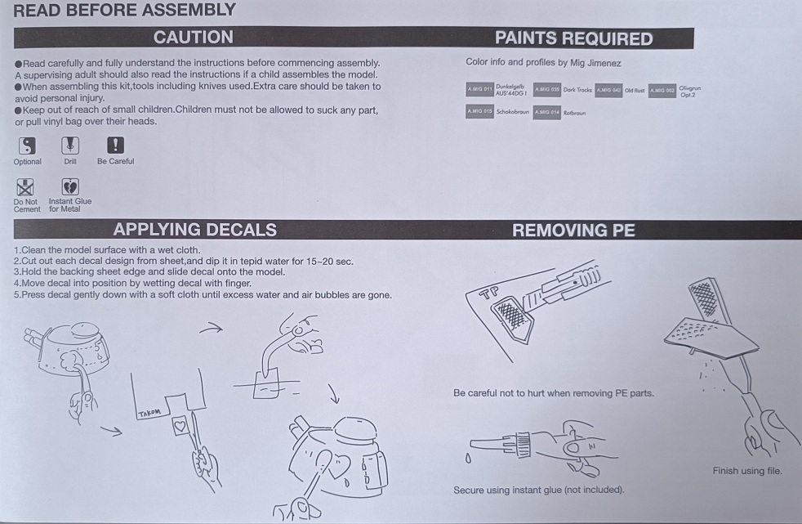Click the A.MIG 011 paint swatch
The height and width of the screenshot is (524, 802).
click(x=479, y=89)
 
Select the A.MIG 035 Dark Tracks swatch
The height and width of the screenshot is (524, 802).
click(x=546, y=89)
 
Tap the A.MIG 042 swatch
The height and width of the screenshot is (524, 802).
click(x=608, y=90)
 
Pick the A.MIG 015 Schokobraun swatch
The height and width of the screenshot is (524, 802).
click(x=479, y=111)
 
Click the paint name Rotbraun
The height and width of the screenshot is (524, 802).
click(x=574, y=113)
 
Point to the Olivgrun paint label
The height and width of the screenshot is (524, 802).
click(x=689, y=90)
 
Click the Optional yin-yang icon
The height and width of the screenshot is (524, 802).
click(x=28, y=146)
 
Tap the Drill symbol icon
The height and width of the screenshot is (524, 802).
click(x=70, y=146)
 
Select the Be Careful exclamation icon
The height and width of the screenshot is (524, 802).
click(x=116, y=146)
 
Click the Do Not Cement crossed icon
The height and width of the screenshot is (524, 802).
click(x=26, y=186)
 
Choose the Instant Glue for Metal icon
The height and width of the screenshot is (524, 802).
click(x=70, y=186)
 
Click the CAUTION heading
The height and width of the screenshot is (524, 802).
click(x=193, y=37)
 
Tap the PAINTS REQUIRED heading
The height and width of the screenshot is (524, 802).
click(x=573, y=38)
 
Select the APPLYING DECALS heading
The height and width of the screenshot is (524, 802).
click(x=194, y=230)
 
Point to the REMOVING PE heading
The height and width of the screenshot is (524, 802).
click(x=573, y=231)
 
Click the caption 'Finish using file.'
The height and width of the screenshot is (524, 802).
click(x=747, y=471)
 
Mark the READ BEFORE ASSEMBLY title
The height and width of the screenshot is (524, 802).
click(x=125, y=11)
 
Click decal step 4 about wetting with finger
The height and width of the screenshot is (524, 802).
click(x=132, y=284)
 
